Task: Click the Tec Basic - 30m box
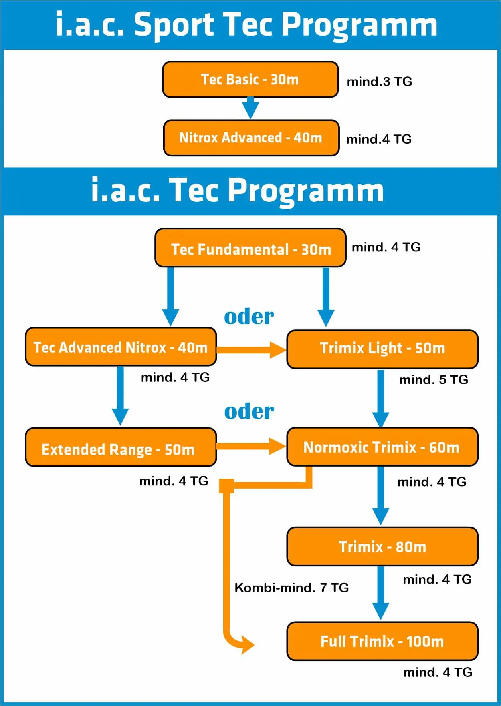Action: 250,79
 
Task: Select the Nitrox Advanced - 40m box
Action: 251,138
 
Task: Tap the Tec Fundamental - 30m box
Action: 250,248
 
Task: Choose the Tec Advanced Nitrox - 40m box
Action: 121,347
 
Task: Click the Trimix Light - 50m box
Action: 382,349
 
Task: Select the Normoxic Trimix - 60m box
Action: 382,447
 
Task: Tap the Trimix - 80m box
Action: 382,546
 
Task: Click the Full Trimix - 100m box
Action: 382,641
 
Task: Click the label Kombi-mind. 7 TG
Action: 291,588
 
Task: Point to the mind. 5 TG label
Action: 434,379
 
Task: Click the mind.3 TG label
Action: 379,82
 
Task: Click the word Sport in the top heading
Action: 173,25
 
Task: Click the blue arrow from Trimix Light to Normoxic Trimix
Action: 380,399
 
